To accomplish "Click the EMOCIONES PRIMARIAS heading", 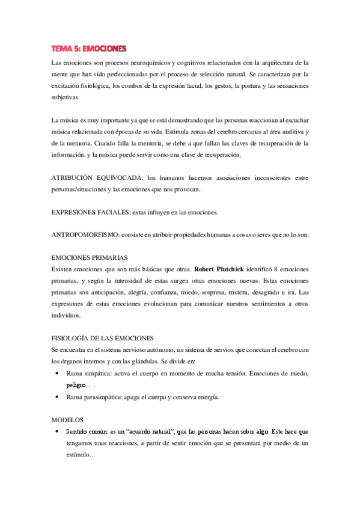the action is (89, 258).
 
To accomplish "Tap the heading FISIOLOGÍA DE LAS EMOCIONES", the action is (103, 338).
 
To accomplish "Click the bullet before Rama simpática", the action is (56, 373).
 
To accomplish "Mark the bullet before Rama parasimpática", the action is (56, 397).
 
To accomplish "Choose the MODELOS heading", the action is (67, 420).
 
